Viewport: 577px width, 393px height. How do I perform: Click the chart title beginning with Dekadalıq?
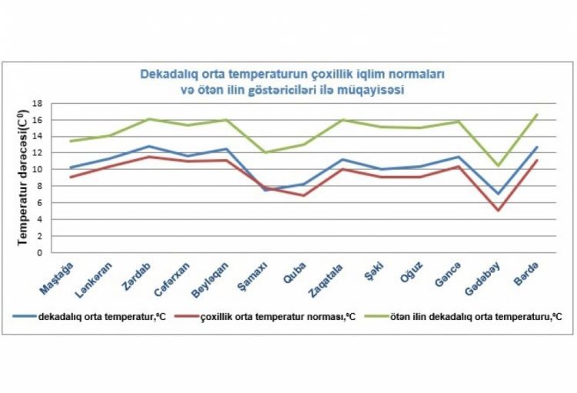click(x=292, y=82)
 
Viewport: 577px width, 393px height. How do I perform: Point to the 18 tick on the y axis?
click(x=36, y=103)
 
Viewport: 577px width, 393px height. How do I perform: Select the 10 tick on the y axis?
click(x=36, y=169)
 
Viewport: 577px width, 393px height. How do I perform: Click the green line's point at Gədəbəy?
click(x=498, y=165)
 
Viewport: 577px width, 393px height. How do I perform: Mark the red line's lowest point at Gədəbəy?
click(x=498, y=210)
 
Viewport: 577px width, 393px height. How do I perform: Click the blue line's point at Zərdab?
click(x=148, y=146)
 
